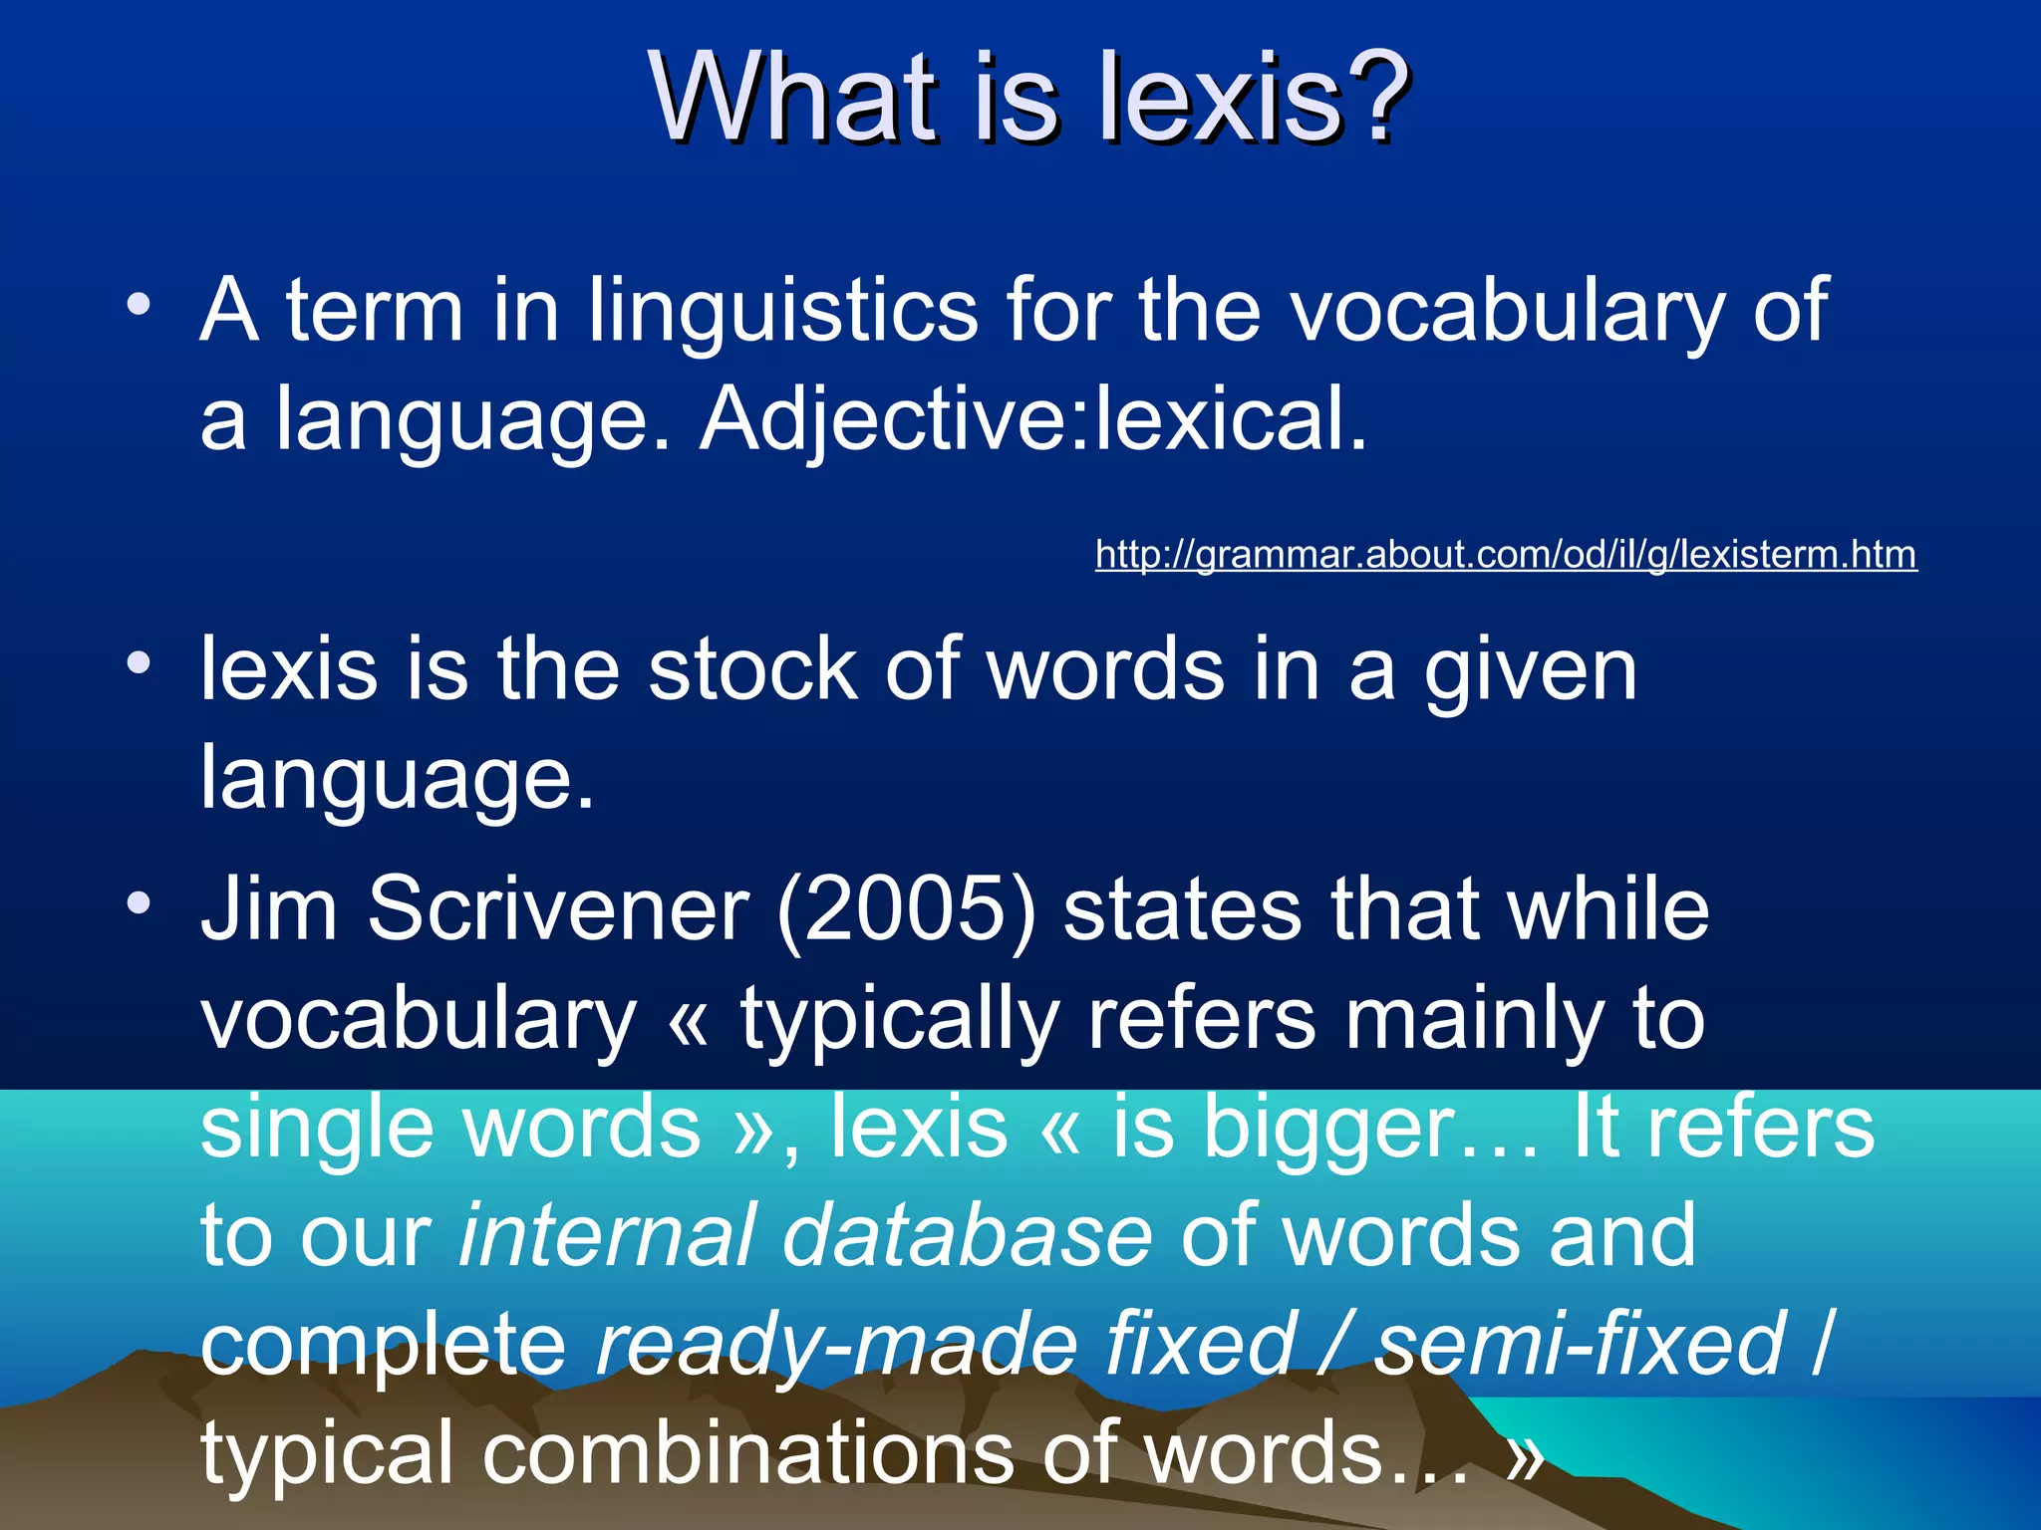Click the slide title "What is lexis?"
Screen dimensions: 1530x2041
(x=1028, y=98)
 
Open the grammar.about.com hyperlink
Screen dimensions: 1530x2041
(x=1505, y=554)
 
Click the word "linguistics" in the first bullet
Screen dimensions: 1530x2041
(x=783, y=311)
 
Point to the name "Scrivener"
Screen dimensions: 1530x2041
(x=558, y=908)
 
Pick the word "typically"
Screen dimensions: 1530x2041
(x=899, y=1020)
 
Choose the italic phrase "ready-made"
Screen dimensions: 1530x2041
(x=837, y=1345)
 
